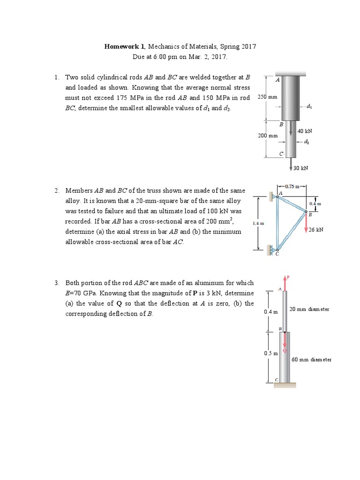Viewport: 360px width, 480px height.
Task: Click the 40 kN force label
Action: point(304,131)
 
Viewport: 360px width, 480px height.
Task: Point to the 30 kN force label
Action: point(300,168)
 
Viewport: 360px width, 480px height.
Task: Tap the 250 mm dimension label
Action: point(267,97)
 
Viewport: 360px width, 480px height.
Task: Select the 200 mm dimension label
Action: point(268,135)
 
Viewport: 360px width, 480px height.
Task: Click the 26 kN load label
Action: point(316,230)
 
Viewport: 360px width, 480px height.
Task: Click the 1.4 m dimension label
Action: point(258,224)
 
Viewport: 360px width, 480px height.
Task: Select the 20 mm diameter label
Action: point(309,309)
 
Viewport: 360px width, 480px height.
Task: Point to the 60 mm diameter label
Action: point(311,360)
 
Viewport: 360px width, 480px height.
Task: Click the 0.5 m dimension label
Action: point(270,352)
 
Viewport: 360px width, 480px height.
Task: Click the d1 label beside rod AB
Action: point(309,106)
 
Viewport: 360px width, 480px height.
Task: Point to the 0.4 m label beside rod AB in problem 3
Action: point(270,312)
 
